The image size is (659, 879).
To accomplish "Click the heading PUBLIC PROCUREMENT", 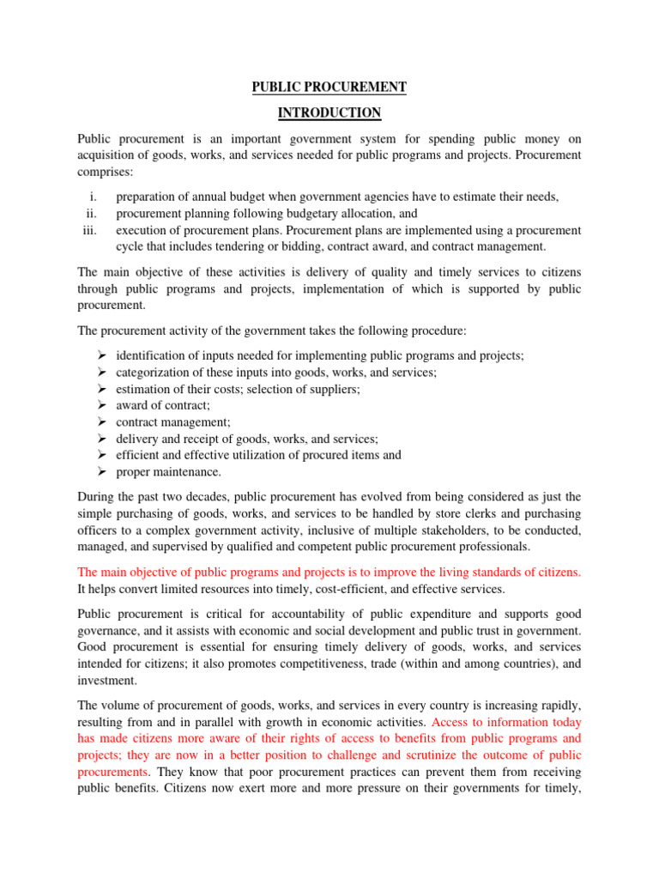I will (329, 88).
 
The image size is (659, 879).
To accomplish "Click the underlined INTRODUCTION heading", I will (329, 113).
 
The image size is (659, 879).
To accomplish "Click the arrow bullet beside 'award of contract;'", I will (100, 405).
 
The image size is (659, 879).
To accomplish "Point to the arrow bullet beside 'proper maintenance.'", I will (100, 472).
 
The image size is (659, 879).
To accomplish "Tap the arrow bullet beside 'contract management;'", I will (100, 422).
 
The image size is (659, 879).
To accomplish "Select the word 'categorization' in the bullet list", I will (154, 372).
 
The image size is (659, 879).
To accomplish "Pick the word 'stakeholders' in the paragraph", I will (471, 530).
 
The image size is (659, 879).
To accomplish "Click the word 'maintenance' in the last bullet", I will (186, 472).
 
